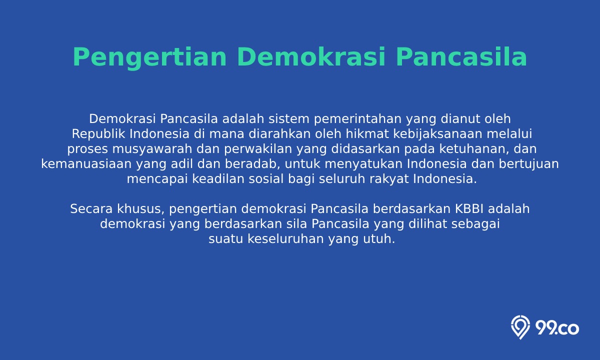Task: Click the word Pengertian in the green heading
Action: [x=149, y=57]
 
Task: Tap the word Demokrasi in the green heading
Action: [x=311, y=57]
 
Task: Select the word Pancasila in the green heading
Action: [x=461, y=57]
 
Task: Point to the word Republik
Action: [x=98, y=134]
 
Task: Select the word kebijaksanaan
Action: [x=437, y=134]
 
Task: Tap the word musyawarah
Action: [x=152, y=149]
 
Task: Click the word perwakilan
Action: [x=258, y=149]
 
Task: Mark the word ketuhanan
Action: [x=474, y=149]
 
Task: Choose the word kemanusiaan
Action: [x=86, y=164]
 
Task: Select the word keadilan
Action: [x=218, y=179]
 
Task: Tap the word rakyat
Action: [x=389, y=179]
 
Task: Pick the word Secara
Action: [x=91, y=209]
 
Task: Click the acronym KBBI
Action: [x=469, y=209]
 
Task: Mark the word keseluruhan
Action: [x=285, y=239]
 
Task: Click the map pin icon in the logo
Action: [x=520, y=327]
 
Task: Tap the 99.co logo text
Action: [x=557, y=328]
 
